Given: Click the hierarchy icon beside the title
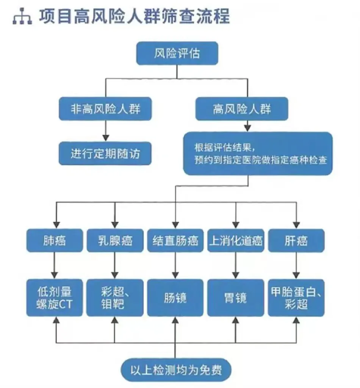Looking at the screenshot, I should tap(22, 17).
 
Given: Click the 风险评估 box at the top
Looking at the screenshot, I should tap(177, 53).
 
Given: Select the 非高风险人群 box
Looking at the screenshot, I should tap(105, 110).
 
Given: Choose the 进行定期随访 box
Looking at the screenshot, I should tap(105, 154).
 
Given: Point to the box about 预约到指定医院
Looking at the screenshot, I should tap(258, 154).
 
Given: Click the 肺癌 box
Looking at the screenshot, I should tap(55, 241).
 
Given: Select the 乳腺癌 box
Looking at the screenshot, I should tap(115, 241).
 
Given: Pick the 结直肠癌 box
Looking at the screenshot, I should tap(175, 241).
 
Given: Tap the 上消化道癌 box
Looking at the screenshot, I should tap(236, 241).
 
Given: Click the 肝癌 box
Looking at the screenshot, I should tap(296, 241).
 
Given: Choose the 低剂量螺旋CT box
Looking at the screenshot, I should tap(55, 297).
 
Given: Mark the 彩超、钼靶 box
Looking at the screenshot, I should tap(115, 297).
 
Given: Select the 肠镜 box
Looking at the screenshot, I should tap(175, 297).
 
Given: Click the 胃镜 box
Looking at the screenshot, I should tap(236, 297).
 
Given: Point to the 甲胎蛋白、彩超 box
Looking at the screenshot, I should tap(296, 297).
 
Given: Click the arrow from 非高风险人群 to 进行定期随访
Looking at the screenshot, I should tap(105, 131).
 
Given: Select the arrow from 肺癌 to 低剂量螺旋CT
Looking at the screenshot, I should tap(55, 265).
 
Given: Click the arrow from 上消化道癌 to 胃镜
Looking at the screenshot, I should tap(236, 265).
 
